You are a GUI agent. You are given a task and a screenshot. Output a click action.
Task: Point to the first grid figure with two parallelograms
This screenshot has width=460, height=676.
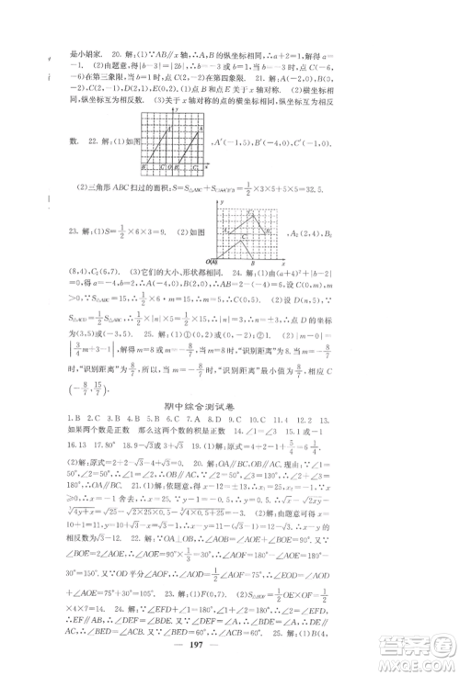175,145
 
